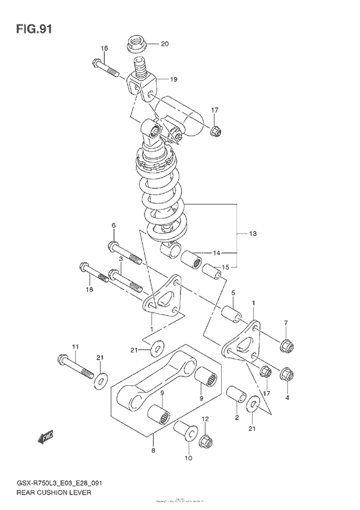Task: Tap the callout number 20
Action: click(x=164, y=44)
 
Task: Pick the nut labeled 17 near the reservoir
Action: click(x=215, y=132)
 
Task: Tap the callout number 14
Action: click(x=216, y=253)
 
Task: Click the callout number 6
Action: click(x=113, y=226)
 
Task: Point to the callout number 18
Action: click(x=90, y=290)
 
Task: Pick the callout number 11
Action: click(x=75, y=347)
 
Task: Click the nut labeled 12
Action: click(x=206, y=441)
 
